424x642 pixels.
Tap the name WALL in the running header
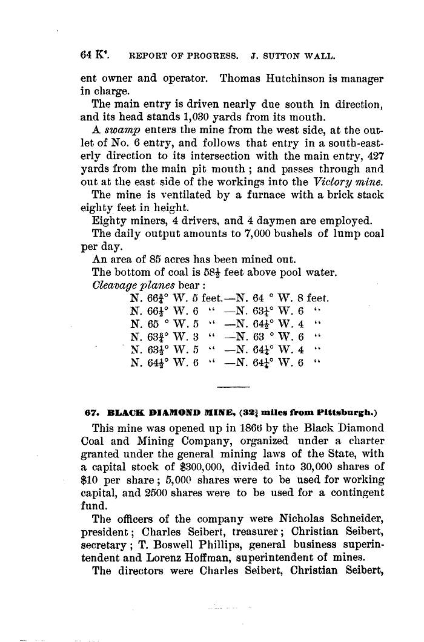[321, 56]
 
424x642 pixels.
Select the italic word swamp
[119, 131]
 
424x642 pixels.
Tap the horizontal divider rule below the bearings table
[233, 387]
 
